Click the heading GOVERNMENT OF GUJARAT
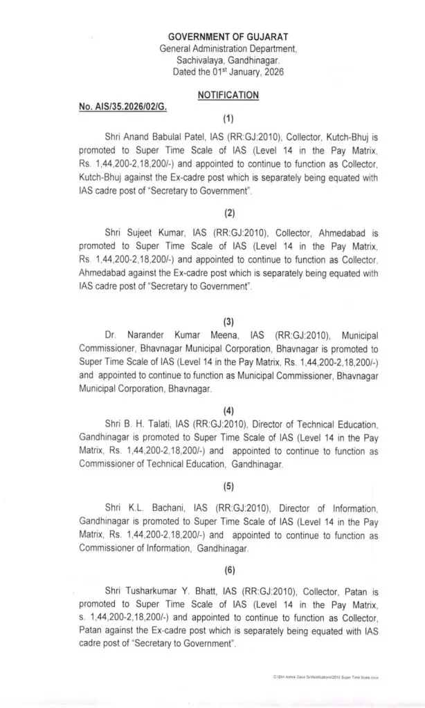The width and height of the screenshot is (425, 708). coord(228,36)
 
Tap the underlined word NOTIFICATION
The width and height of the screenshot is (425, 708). coord(228,95)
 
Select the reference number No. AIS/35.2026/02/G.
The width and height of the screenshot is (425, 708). coord(123,109)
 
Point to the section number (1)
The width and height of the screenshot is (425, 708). coord(228,118)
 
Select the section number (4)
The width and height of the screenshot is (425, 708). coord(228,410)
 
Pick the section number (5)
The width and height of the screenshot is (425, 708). coord(228,486)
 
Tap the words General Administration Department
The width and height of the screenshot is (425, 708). coord(228,48)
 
